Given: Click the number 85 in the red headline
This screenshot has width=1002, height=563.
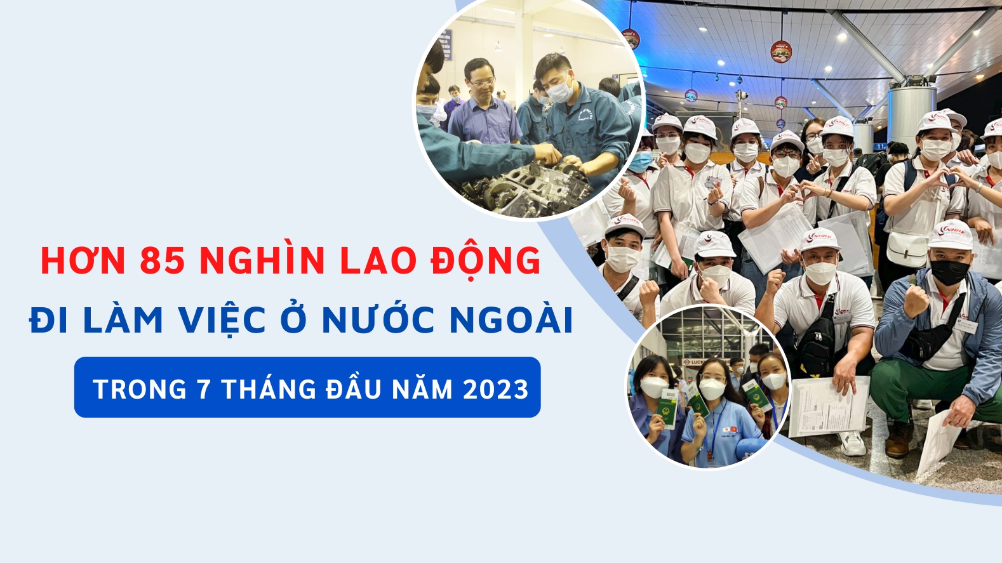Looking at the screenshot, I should click(162, 261).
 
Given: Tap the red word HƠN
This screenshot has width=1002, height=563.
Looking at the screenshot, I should click(83, 261).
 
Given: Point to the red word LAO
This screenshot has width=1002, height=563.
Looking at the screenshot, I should click(377, 261).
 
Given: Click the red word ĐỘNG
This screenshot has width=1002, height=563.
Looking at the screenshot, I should click(486, 261).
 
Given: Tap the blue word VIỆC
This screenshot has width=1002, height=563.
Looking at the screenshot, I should click(222, 320).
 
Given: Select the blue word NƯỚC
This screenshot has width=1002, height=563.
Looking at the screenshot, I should click(378, 320).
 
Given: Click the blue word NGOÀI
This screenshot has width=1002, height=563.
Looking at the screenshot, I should click(511, 320).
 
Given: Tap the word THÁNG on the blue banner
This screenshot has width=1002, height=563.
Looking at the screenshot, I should click(269, 389).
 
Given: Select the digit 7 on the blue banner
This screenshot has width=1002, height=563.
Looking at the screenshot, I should click(204, 389).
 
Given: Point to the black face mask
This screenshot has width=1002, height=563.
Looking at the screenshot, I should click(949, 272).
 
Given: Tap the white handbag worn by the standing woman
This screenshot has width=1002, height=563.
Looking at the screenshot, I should click(906, 249).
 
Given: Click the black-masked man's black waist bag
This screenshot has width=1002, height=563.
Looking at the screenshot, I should click(928, 343).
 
